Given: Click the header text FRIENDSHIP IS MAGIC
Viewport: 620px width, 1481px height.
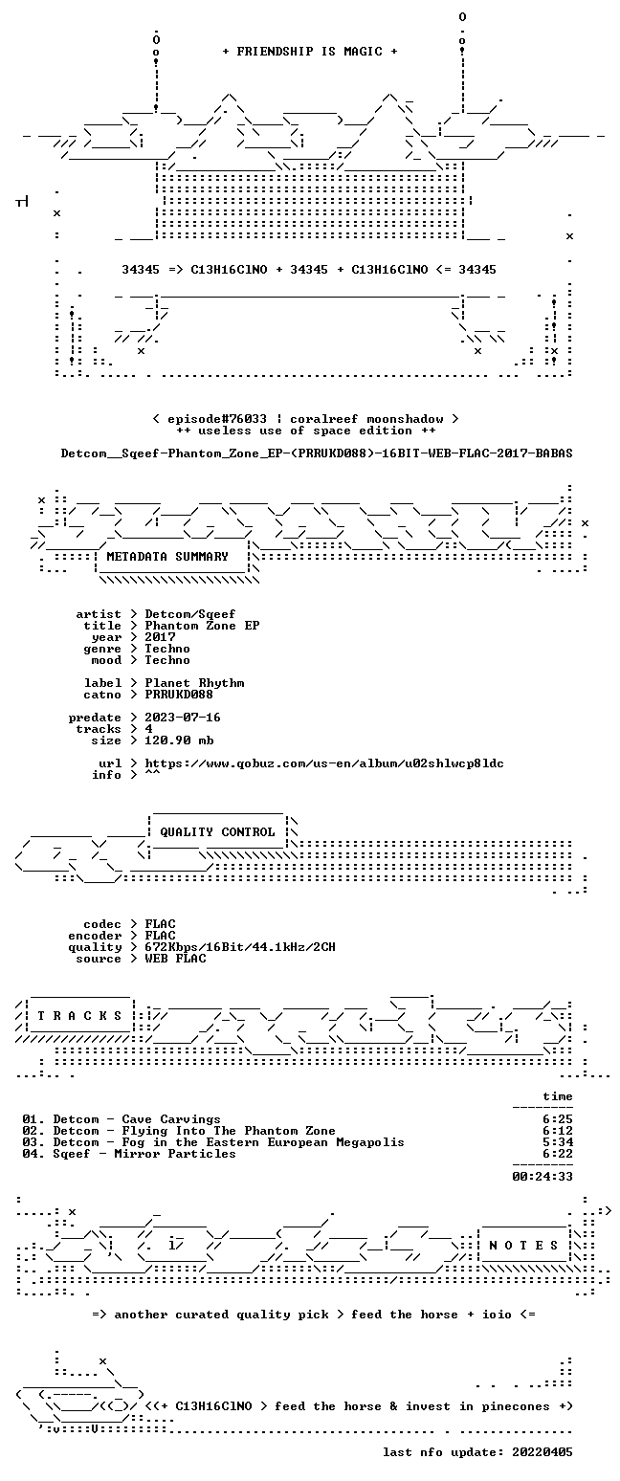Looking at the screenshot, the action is tap(310, 52).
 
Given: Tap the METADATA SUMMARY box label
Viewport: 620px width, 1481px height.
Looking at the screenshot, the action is tap(167, 557).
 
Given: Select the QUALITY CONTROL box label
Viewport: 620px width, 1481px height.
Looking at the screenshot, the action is tap(217, 832).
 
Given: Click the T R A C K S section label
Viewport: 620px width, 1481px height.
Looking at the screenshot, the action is tap(80, 1016).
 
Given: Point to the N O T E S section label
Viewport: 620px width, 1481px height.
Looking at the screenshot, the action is tap(523, 1246).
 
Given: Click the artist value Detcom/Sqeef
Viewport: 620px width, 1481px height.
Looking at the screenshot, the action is tap(189, 614).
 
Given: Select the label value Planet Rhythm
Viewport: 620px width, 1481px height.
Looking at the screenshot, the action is tap(194, 683).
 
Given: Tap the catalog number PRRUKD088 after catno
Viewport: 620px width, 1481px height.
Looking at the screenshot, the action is tap(179, 695).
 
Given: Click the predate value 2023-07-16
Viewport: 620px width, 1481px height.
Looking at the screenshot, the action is tap(183, 718).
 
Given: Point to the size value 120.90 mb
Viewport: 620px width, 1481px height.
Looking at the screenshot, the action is tap(179, 740).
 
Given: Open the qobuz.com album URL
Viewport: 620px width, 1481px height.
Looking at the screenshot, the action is tap(324, 763).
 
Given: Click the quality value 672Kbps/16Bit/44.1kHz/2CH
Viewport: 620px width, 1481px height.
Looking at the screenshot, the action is tap(240, 947).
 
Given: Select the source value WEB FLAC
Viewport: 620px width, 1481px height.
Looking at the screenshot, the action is tap(175, 959).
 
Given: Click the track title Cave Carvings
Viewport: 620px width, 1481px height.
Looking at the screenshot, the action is tap(171, 1119).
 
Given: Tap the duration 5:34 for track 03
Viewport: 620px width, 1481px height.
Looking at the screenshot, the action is tap(558, 1142).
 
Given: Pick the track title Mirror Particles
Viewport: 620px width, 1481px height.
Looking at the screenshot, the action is tap(175, 1154).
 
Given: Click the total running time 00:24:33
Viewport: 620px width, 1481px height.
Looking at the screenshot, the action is tap(542, 1177).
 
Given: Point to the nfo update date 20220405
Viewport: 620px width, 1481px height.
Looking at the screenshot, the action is tap(542, 1452).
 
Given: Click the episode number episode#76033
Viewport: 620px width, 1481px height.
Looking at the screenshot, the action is tap(217, 419).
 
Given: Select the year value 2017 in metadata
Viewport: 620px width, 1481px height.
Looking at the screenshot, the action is tap(160, 637).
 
